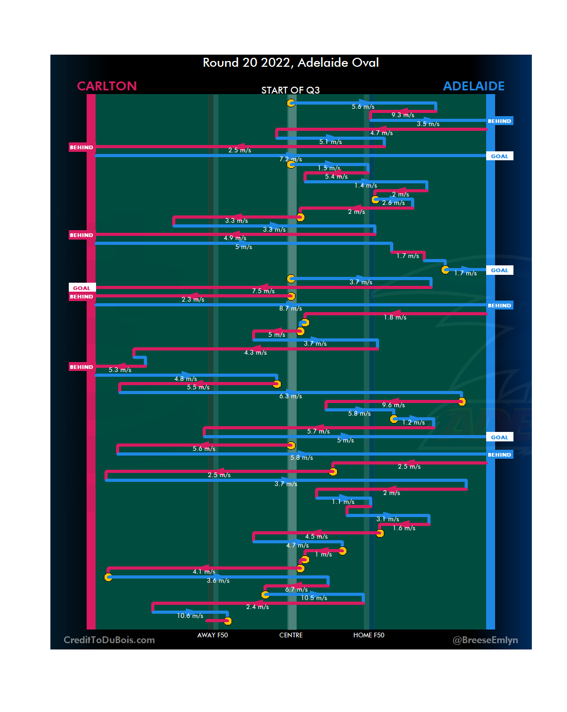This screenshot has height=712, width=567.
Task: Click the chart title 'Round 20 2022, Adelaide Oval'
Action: pyautogui.click(x=291, y=63)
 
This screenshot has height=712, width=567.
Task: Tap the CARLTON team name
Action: pyautogui.click(x=107, y=86)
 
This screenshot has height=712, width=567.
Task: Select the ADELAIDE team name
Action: pyautogui.click(x=474, y=86)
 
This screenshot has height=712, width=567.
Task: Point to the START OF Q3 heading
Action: pyautogui.click(x=290, y=90)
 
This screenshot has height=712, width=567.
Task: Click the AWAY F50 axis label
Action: pyautogui.click(x=213, y=635)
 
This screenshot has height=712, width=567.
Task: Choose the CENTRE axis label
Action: pyautogui.click(x=291, y=635)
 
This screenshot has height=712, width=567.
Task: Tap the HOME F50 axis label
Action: pyautogui.click(x=369, y=635)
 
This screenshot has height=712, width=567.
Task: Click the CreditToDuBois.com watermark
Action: pyautogui.click(x=109, y=640)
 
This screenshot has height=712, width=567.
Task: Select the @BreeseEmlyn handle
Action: pyautogui.click(x=485, y=640)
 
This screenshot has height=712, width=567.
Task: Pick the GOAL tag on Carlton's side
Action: pyautogui.click(x=82, y=288)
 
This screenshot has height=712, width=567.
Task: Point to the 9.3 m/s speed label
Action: pyautogui.click(x=403, y=115)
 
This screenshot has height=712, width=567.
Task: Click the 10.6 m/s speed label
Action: pyautogui.click(x=190, y=616)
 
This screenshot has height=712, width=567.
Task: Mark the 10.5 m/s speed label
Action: pyautogui.click(x=314, y=598)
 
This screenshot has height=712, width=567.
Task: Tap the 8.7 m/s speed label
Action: pyautogui.click(x=290, y=308)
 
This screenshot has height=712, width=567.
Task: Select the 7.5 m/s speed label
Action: pyautogui.click(x=263, y=291)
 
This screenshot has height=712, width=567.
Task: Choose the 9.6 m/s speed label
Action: pyautogui.click(x=393, y=405)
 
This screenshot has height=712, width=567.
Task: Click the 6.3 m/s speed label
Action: pyautogui.click(x=290, y=396)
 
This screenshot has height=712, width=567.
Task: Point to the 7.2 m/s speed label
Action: pyautogui.click(x=290, y=159)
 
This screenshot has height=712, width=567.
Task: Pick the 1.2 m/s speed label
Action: pyautogui.click(x=413, y=422)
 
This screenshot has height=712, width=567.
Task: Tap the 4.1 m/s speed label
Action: pyautogui.click(x=204, y=572)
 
